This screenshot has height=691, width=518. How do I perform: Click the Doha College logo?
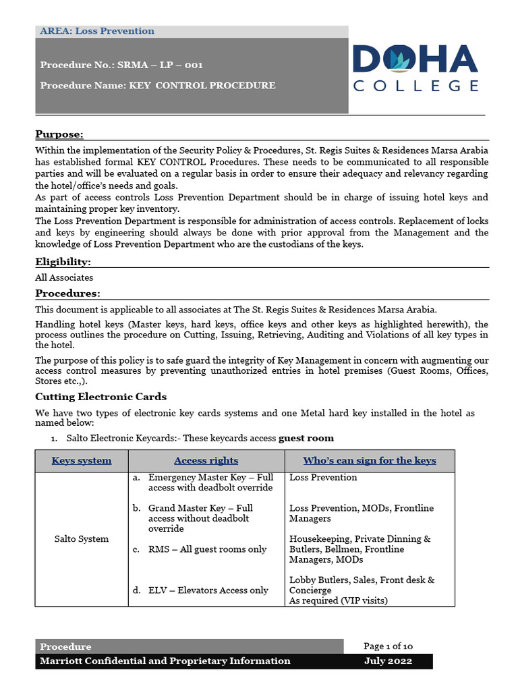point(415,68)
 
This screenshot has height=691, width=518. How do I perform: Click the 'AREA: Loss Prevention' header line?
point(97,31)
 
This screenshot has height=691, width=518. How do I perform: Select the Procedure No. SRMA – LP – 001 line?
point(121,65)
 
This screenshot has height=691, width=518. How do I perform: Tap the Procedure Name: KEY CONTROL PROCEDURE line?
point(158,86)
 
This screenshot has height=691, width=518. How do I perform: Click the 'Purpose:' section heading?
point(59,134)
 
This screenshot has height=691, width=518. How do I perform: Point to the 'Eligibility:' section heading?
point(63,262)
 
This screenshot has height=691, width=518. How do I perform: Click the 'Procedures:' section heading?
point(67,294)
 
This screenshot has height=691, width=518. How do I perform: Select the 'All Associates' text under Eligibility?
point(64,277)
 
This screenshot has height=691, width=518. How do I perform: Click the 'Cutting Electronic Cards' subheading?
point(100,397)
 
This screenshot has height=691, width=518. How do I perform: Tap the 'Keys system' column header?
point(82,461)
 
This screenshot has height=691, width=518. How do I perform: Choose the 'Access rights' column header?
point(206,461)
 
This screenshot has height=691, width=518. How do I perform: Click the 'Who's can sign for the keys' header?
point(369,461)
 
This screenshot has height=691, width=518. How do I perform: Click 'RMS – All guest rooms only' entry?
point(207,549)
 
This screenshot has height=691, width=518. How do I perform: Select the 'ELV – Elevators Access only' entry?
point(208,590)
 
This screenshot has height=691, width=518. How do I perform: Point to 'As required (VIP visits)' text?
point(339,601)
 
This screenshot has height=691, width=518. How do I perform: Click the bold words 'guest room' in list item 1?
point(306,438)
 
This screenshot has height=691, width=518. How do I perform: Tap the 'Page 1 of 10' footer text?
point(388,646)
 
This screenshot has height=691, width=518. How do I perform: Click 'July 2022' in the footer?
point(388,661)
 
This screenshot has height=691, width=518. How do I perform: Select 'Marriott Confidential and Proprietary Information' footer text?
point(165,661)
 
